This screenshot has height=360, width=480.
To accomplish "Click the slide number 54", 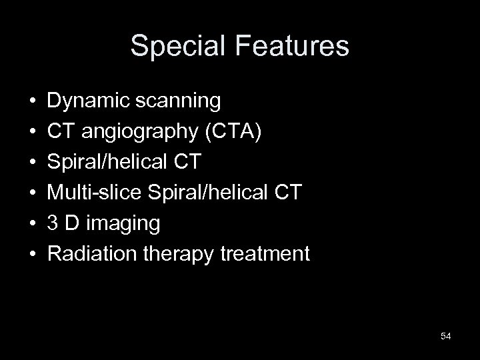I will [446, 336].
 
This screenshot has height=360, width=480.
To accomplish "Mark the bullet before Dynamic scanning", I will [32, 102].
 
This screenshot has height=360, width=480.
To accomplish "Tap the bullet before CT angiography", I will [32, 132].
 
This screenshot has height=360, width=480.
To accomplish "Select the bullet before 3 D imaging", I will [32, 223].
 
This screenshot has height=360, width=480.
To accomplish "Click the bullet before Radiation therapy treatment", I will [32, 254].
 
